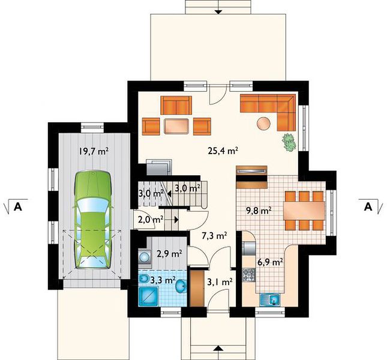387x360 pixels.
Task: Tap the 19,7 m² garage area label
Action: click(94, 151)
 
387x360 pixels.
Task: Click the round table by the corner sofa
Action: click(263, 123)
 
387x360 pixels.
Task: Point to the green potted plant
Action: click(289, 142)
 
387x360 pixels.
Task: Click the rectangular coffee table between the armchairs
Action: click(176, 126)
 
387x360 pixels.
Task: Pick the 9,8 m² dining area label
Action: click(259, 211)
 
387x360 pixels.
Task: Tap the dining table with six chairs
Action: click(304, 211)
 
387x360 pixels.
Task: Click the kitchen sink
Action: click(270, 300)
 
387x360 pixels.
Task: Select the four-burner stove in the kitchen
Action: click(248, 275)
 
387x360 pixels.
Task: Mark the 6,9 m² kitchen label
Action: click(270, 262)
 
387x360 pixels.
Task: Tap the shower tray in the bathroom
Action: click(148, 297)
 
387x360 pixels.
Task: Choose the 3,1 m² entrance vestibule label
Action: click(220, 282)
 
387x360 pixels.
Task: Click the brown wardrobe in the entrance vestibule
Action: click(197, 288)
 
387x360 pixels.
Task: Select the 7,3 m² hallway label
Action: click(214, 236)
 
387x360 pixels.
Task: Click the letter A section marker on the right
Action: click(368, 207)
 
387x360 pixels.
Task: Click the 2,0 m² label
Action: click(151, 219)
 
